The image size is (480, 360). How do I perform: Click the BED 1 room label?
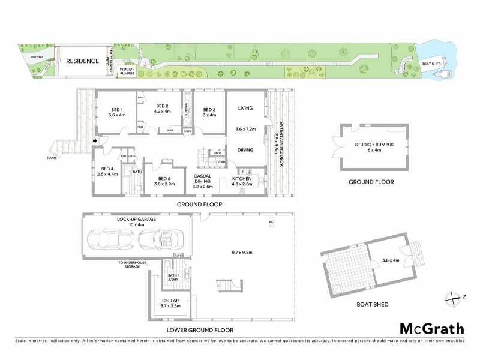[116, 110]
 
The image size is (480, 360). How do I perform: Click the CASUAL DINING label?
[203, 179]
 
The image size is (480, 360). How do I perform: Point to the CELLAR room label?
[170, 303]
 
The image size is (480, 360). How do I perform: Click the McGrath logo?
[432, 328]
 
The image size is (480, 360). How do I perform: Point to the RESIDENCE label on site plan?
[82, 61]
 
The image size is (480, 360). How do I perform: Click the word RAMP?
[52, 158]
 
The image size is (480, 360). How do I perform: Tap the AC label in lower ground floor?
[271, 221]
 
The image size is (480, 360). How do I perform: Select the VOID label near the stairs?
[221, 161]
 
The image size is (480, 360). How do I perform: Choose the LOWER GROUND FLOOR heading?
[208, 330]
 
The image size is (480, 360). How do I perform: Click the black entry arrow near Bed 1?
[95, 141]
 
